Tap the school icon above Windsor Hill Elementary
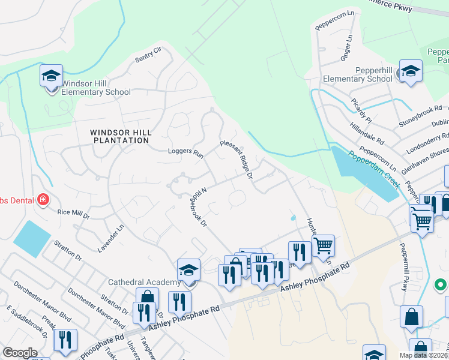pyautogui.click(x=52, y=76)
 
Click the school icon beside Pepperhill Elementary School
pyautogui.click(x=411, y=71)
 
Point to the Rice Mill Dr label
pyautogui.click(x=73, y=212)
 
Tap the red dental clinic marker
pyautogui.click(x=43, y=200)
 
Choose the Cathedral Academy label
pyautogui.click(x=144, y=282)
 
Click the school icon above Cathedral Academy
pyautogui.click(x=188, y=269)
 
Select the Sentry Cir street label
pyautogui.click(x=148, y=56)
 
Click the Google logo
pyautogui.click(x=20, y=353)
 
